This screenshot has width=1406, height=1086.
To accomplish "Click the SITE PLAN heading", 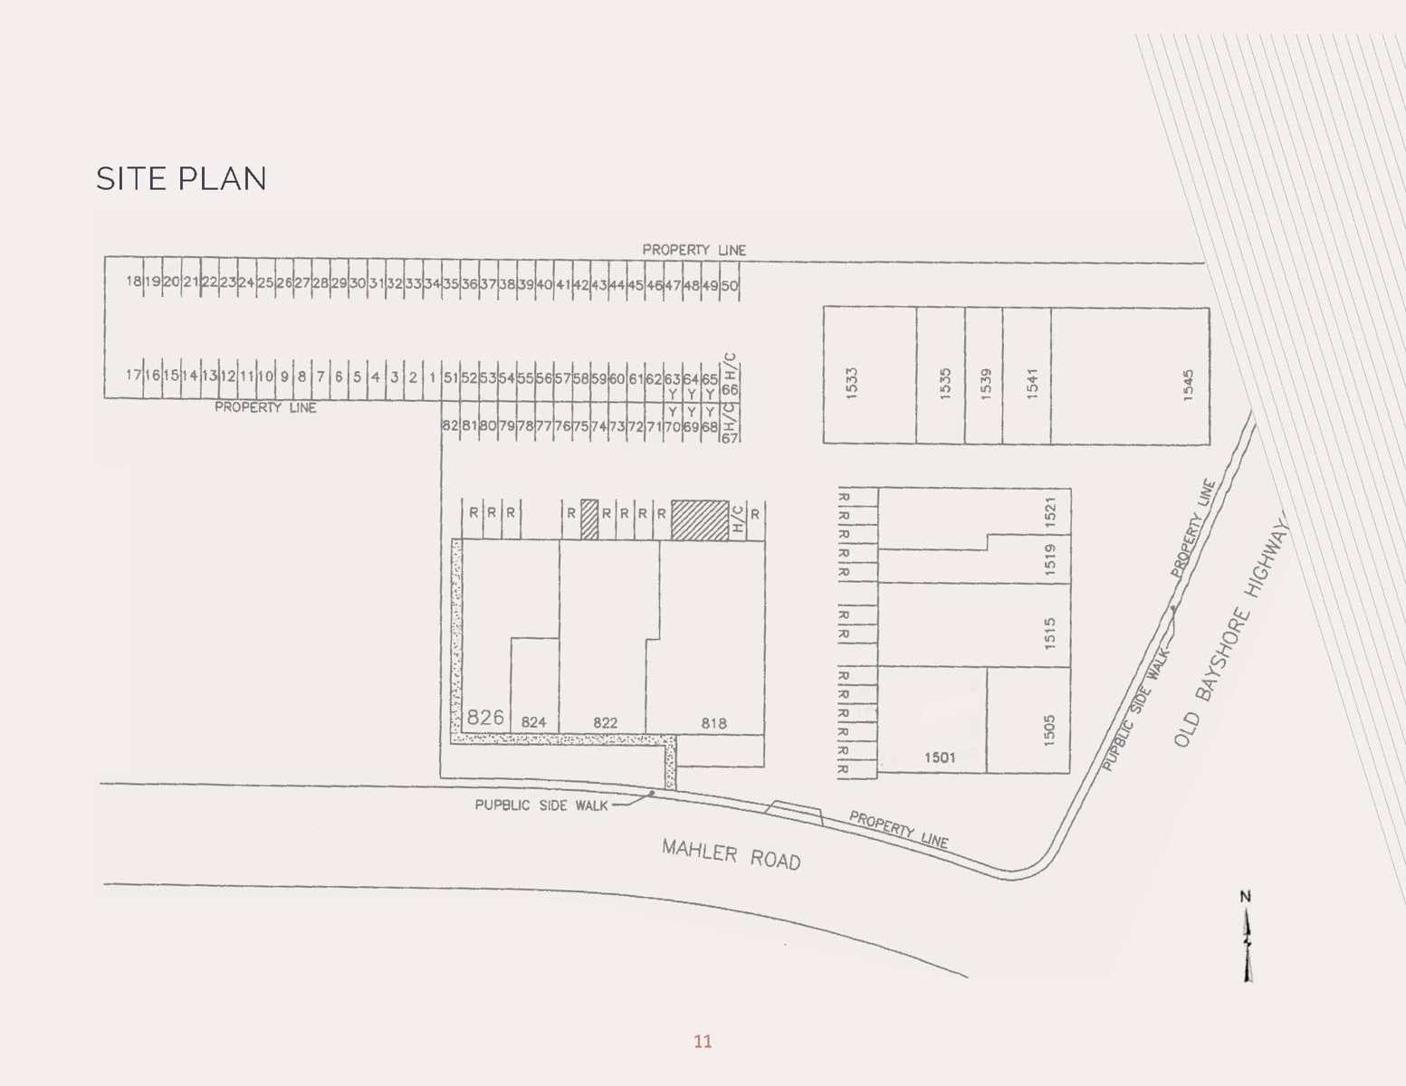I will click(181, 179).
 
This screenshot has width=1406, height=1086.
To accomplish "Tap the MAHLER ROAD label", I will click(731, 853).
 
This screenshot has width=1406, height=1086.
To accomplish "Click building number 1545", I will click(1188, 384).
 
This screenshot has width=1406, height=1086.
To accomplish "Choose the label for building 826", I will click(485, 718).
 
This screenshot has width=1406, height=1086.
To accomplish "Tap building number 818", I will click(713, 723).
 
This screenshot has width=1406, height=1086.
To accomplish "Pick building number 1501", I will click(940, 757).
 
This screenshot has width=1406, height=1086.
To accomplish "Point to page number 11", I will click(703, 1042).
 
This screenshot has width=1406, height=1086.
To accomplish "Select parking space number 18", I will click(133, 281).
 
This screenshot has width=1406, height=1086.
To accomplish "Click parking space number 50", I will click(729, 285).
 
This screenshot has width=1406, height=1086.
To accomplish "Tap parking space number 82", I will click(450, 425).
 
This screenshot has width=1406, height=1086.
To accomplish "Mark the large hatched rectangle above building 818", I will click(700, 520).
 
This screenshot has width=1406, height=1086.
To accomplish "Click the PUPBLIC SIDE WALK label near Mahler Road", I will click(541, 805).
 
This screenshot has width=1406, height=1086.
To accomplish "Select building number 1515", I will click(1049, 633).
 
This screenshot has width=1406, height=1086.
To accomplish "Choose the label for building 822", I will click(605, 723).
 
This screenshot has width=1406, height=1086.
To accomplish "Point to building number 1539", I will click(986, 383).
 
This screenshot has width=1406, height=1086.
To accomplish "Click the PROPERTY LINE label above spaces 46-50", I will click(694, 250).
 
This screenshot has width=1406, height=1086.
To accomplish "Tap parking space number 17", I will click(133, 375).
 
